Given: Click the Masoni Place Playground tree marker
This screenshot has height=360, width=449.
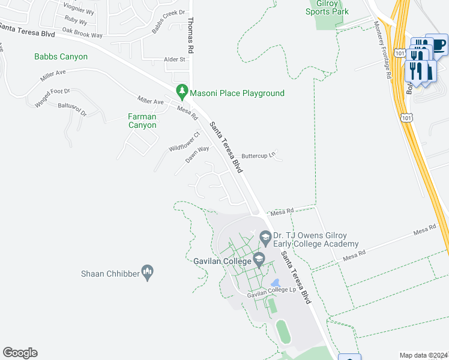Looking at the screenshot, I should (x=182, y=92).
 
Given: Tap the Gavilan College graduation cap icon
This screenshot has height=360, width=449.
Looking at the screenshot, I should (x=259, y=260).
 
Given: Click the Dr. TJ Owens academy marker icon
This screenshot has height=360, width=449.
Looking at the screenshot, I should (x=265, y=239).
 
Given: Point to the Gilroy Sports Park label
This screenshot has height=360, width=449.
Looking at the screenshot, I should (x=327, y=8).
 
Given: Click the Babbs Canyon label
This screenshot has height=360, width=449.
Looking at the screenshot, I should (x=61, y=57).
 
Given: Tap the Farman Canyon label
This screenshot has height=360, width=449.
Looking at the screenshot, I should (x=142, y=121).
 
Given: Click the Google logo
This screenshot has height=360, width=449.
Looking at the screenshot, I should (x=20, y=353).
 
